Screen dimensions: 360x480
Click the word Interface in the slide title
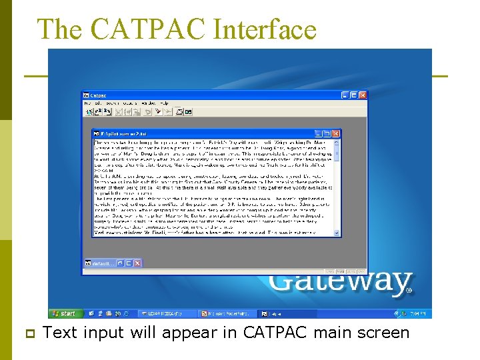click(265, 29)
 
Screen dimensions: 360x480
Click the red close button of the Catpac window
click(362, 95)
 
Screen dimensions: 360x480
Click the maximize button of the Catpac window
click(353, 95)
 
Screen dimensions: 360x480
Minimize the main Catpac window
click(345, 95)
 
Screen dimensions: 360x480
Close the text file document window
click(337, 133)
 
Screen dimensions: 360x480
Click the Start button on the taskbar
click(65, 313)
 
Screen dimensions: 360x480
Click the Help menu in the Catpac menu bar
click(164, 103)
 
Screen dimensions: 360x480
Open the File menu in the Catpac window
click(87, 103)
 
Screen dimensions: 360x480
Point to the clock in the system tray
click(418, 313)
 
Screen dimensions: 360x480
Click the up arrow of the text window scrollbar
click(337, 142)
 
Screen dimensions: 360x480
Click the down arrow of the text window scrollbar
click(337, 233)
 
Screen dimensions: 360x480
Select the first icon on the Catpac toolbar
click(88, 112)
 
